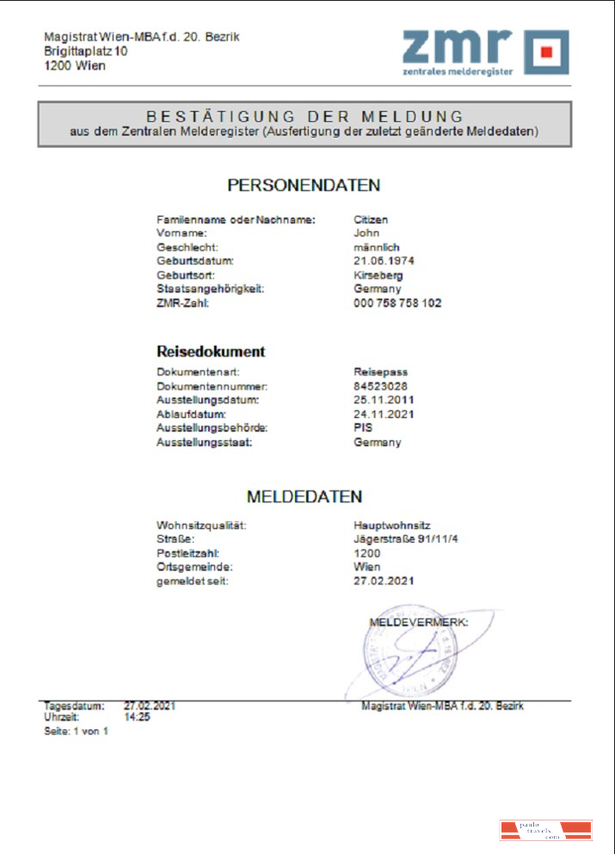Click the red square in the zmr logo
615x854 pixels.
546,52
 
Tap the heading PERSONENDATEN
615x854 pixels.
304,185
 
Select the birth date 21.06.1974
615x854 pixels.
384,261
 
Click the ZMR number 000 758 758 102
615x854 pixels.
397,304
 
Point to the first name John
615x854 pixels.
366,232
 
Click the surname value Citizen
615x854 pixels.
371,219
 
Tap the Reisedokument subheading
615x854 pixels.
210,352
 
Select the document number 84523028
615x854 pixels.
380,386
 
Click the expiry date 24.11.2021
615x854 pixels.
384,415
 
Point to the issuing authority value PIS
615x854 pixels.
363,428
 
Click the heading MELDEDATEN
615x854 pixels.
304,497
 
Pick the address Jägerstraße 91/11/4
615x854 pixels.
399,539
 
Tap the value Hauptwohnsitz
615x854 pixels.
391,525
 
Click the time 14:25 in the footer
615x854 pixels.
137,716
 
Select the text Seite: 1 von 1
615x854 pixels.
76,731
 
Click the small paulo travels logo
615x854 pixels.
545,831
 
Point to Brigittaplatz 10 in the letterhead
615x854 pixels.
86,52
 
